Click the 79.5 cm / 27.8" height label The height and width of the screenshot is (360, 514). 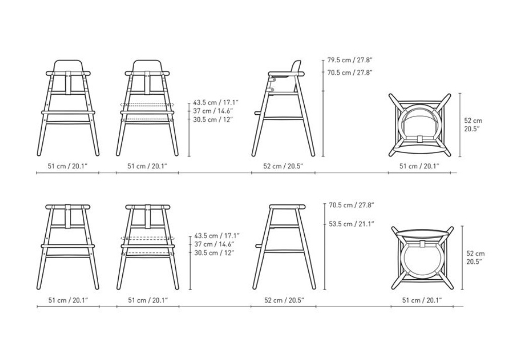click(350, 60)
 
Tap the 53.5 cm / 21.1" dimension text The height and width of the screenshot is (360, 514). click(352, 224)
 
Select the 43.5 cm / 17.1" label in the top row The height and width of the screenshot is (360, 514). click(216, 102)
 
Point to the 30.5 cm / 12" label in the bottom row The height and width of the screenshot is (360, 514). click(214, 253)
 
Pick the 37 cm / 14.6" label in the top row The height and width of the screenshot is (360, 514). click(213, 111)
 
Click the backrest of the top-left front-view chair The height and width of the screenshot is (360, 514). click(68, 65)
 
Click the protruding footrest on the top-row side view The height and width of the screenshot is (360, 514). click(259, 113)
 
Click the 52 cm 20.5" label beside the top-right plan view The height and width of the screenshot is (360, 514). click(473, 124)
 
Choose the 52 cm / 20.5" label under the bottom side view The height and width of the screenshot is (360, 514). click(284, 300)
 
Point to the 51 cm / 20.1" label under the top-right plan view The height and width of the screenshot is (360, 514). click(419, 166)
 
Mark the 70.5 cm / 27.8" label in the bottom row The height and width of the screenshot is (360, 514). click(352, 205)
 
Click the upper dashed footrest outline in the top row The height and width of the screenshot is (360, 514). click(147, 104)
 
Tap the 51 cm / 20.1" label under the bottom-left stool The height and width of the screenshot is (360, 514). click(68, 300)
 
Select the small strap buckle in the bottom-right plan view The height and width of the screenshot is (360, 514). click(423, 243)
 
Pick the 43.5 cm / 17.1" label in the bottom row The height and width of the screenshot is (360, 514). click(217, 236)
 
